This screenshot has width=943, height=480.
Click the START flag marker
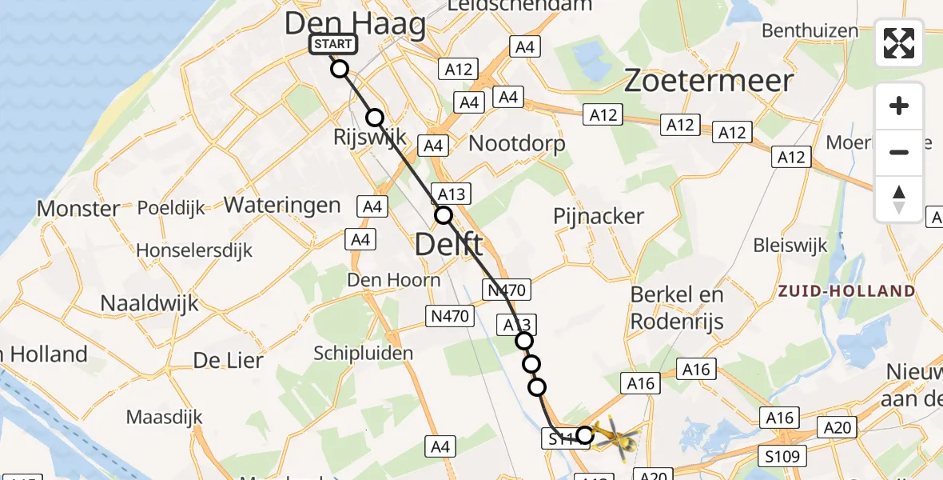click(332, 45)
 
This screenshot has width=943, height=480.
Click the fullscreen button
click(899, 43)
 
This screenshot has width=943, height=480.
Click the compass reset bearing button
click(899, 199)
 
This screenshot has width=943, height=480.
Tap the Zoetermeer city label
click(708, 81)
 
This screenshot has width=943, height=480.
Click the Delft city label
click(448, 244)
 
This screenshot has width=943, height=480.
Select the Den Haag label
click(356, 24)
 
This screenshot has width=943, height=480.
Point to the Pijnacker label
click(599, 216)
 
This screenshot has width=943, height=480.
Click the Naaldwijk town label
click(149, 303)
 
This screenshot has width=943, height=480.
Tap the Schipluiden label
click(364, 353)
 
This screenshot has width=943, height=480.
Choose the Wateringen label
click(282, 205)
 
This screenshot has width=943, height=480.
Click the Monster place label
click(78, 209)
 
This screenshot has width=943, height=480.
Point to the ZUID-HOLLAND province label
click(847, 291)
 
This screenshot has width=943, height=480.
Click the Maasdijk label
click(164, 417)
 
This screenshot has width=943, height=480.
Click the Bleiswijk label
click(790, 246)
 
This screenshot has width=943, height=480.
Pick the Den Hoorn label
click(394, 280)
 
